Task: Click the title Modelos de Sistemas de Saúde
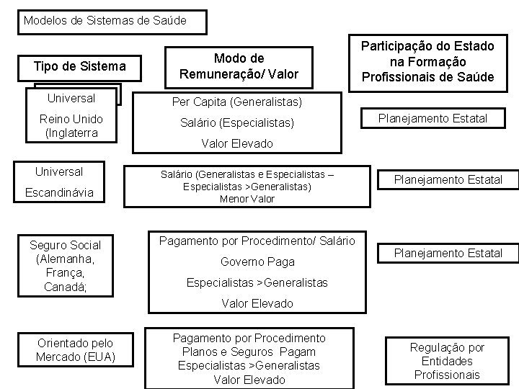[x=105, y=20]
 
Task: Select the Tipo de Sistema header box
[x=80, y=67]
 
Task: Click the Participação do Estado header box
[x=432, y=61]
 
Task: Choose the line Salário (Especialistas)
[x=237, y=123]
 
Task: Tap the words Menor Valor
[x=248, y=199]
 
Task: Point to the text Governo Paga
[x=248, y=262]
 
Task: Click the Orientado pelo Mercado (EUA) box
[x=74, y=351]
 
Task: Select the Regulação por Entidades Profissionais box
[x=448, y=361]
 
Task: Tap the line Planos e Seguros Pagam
[x=249, y=352]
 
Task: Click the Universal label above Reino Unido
[x=70, y=97]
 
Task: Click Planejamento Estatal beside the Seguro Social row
[x=447, y=253]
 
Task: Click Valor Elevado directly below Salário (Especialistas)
[x=238, y=143]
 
